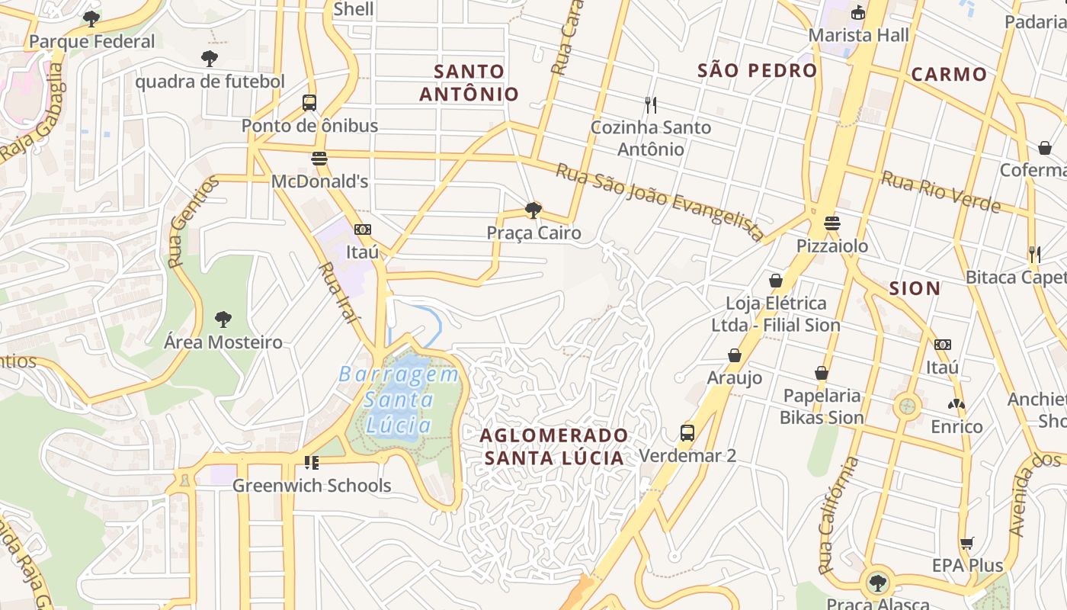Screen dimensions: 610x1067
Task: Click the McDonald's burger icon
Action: click(319, 159)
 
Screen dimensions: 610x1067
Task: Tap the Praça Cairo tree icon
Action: click(533, 210)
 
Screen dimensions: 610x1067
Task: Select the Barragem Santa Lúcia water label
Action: click(399, 400)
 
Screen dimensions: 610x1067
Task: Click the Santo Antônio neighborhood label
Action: click(469, 83)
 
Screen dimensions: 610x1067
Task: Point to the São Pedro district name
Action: click(757, 71)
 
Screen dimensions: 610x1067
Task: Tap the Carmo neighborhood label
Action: click(949, 75)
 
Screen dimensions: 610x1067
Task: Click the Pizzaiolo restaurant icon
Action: click(831, 223)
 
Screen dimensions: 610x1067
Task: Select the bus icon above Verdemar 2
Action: click(687, 433)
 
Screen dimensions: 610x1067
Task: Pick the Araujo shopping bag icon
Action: click(735, 355)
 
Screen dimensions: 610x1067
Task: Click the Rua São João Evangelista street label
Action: click(659, 201)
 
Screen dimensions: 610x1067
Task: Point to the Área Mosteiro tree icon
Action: click(223, 319)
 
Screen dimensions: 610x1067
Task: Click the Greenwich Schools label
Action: click(312, 486)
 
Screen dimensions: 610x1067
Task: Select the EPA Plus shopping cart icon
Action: click(966, 543)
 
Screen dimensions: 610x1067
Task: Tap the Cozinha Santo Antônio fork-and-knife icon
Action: click(650, 104)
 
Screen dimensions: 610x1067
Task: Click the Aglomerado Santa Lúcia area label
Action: click(554, 447)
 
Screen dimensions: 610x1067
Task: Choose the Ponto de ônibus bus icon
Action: click(309, 103)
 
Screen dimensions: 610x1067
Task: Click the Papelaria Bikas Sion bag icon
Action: click(821, 373)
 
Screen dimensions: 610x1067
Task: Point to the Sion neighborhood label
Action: click(915, 288)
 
